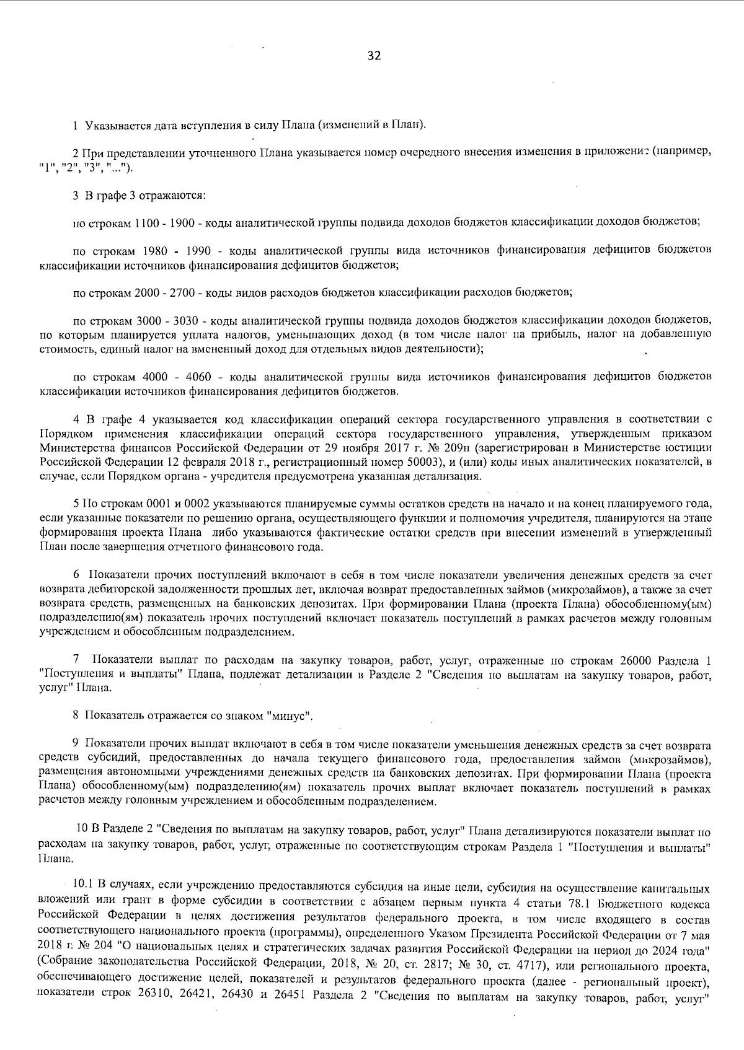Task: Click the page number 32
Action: point(374,56)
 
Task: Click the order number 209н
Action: point(459,448)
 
